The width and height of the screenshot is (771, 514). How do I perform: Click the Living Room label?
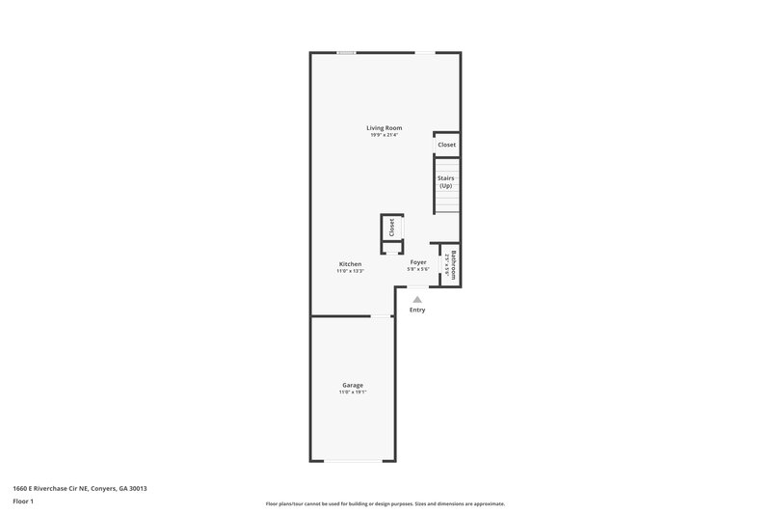click(384, 127)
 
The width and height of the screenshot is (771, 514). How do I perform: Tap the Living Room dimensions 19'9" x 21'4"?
click(384, 135)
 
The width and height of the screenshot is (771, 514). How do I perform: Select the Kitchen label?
click(350, 264)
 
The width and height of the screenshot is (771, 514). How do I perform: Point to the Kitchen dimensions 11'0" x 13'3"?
click(350, 272)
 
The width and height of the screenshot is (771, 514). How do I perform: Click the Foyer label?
click(418, 262)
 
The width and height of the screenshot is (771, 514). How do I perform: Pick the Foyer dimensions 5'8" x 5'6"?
click(418, 270)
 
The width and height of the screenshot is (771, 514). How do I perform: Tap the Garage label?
click(353, 385)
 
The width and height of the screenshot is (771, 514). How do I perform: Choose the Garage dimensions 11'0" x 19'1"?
click(353, 392)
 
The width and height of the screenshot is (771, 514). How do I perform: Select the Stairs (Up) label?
click(446, 181)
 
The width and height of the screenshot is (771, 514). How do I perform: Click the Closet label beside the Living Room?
click(446, 145)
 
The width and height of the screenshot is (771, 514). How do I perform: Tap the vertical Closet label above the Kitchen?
click(392, 228)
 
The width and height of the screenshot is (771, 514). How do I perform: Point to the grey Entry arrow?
click(417, 300)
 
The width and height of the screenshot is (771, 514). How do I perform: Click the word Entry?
click(417, 310)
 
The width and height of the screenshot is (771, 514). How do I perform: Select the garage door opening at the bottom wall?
click(353, 460)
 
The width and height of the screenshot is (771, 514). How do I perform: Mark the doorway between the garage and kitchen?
click(383, 315)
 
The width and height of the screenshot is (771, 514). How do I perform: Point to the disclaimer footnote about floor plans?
click(385, 503)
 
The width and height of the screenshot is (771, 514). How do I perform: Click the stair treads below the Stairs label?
click(446, 203)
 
